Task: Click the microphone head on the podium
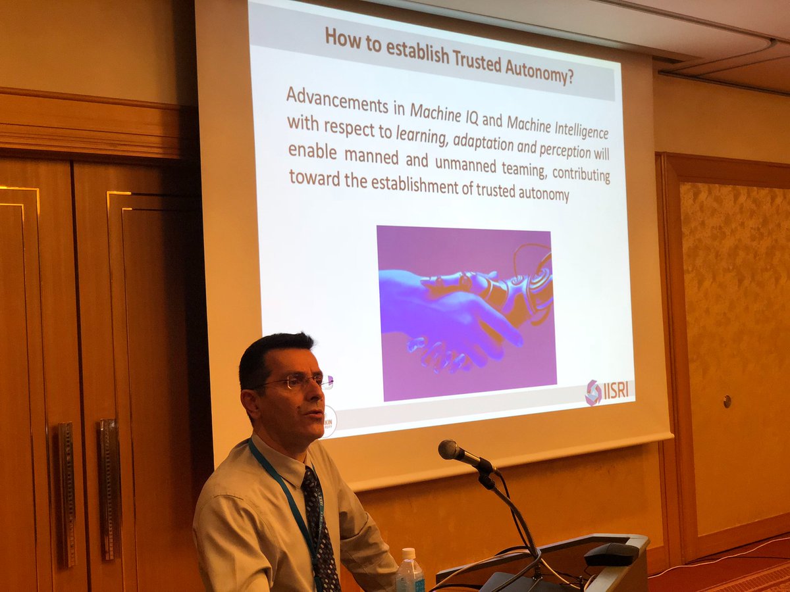(x=450, y=450)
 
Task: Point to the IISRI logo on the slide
(x=607, y=391)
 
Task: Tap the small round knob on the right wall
(x=726, y=401)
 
